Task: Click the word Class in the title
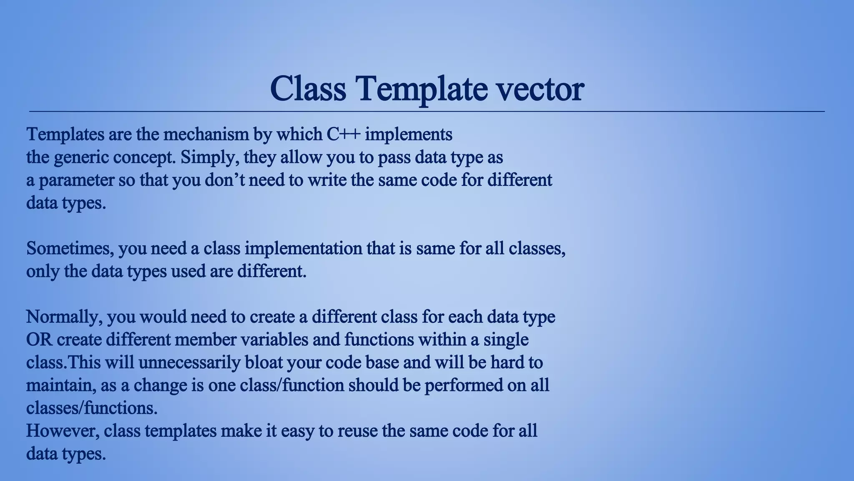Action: click(308, 89)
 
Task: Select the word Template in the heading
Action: click(421, 89)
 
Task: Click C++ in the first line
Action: click(343, 134)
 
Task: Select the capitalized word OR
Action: click(39, 339)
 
